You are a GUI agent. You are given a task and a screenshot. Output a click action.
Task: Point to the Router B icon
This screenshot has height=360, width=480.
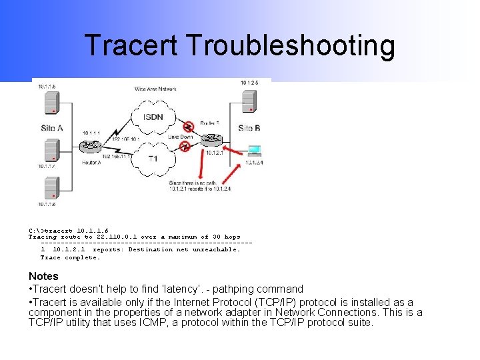212,139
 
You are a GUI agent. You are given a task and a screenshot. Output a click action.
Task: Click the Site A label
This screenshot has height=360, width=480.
52,128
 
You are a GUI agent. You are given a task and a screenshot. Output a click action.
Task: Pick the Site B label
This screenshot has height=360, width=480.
249,128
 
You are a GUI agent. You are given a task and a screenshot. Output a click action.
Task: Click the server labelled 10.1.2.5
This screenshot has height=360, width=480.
249,101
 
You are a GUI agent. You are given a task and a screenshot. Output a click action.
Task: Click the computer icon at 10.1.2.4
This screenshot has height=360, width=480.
254,151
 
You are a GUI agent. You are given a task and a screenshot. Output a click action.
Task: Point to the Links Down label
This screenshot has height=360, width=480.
181,136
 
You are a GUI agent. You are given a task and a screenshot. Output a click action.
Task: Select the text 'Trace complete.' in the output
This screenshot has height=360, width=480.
70,257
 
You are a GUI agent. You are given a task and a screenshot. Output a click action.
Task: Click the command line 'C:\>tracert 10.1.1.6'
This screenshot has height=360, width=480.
68,231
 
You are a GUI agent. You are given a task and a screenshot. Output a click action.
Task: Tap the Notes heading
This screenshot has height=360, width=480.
43,276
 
